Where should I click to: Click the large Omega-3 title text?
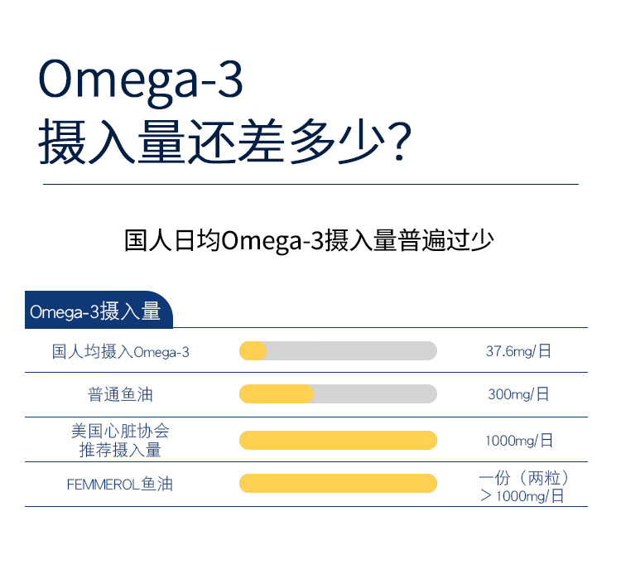tap(141, 82)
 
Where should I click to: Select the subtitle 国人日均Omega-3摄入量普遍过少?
tap(309, 240)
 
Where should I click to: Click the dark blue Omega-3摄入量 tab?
tap(99, 310)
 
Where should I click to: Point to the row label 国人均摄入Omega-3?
tap(121, 351)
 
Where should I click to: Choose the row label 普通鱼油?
tap(120, 394)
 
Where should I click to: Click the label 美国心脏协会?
tap(120, 431)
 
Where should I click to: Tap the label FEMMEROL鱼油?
tap(120, 484)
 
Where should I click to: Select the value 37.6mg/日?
tap(518, 351)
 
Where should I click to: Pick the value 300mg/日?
tap(518, 394)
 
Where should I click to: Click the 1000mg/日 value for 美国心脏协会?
tap(519, 441)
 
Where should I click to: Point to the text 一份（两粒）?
tap(524, 478)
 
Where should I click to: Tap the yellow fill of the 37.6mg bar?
tap(253, 350)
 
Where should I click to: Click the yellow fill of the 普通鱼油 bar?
tap(277, 394)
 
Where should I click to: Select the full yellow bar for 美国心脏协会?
tap(338, 441)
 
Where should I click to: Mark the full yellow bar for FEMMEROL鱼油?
tap(338, 484)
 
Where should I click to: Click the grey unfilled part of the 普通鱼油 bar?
tap(375, 394)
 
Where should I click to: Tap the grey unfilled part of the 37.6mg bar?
tap(352, 350)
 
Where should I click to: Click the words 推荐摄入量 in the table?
tap(120, 451)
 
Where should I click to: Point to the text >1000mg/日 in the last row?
tap(522, 496)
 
